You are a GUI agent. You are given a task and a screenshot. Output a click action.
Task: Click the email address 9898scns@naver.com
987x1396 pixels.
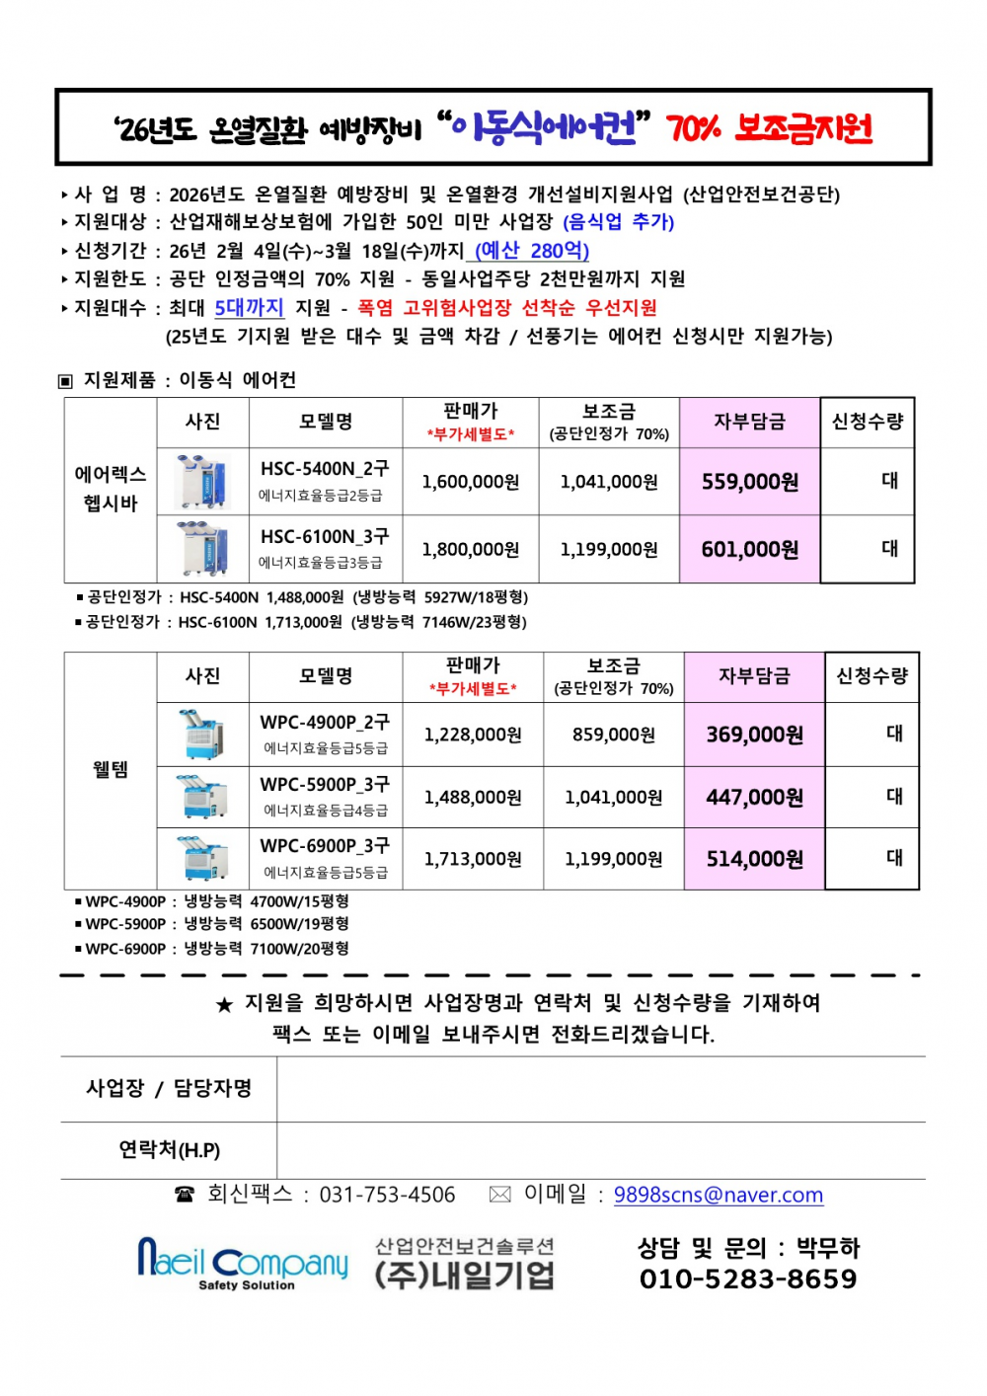(718, 1195)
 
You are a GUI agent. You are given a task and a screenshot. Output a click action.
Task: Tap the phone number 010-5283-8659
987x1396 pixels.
(748, 1279)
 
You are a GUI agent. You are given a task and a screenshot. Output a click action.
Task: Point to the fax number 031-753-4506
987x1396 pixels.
(387, 1195)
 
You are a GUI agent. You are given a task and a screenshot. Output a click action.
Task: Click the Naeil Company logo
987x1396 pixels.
(243, 1263)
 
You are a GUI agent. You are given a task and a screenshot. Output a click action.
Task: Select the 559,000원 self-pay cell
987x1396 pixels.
(750, 482)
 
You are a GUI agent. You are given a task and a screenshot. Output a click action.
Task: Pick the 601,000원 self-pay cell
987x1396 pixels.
(750, 549)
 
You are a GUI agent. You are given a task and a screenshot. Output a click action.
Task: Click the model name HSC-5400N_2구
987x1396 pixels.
(325, 469)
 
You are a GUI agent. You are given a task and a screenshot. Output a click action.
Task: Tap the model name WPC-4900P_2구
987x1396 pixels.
(325, 723)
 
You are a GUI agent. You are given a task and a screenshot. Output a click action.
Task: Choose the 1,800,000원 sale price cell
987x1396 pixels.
(471, 549)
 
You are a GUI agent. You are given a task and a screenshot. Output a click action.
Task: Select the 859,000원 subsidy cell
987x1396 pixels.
(613, 735)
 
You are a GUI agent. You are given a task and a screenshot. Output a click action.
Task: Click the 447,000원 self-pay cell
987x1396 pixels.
(754, 797)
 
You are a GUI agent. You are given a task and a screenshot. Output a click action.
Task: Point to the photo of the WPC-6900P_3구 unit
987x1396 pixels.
(202, 858)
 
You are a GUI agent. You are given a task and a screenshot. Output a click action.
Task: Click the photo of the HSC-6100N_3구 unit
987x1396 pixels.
(202, 549)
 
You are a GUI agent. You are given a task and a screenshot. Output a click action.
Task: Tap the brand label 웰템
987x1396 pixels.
(111, 770)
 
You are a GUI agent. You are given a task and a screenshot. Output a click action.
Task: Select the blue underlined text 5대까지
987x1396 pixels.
(249, 308)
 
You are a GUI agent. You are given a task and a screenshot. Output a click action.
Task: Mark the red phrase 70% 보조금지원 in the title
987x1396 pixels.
(769, 128)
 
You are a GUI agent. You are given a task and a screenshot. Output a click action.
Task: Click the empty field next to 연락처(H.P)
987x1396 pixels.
(600, 1150)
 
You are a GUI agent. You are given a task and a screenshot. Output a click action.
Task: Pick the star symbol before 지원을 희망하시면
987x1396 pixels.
(224, 1005)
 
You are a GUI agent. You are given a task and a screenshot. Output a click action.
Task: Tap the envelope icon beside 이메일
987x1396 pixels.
(500, 1195)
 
